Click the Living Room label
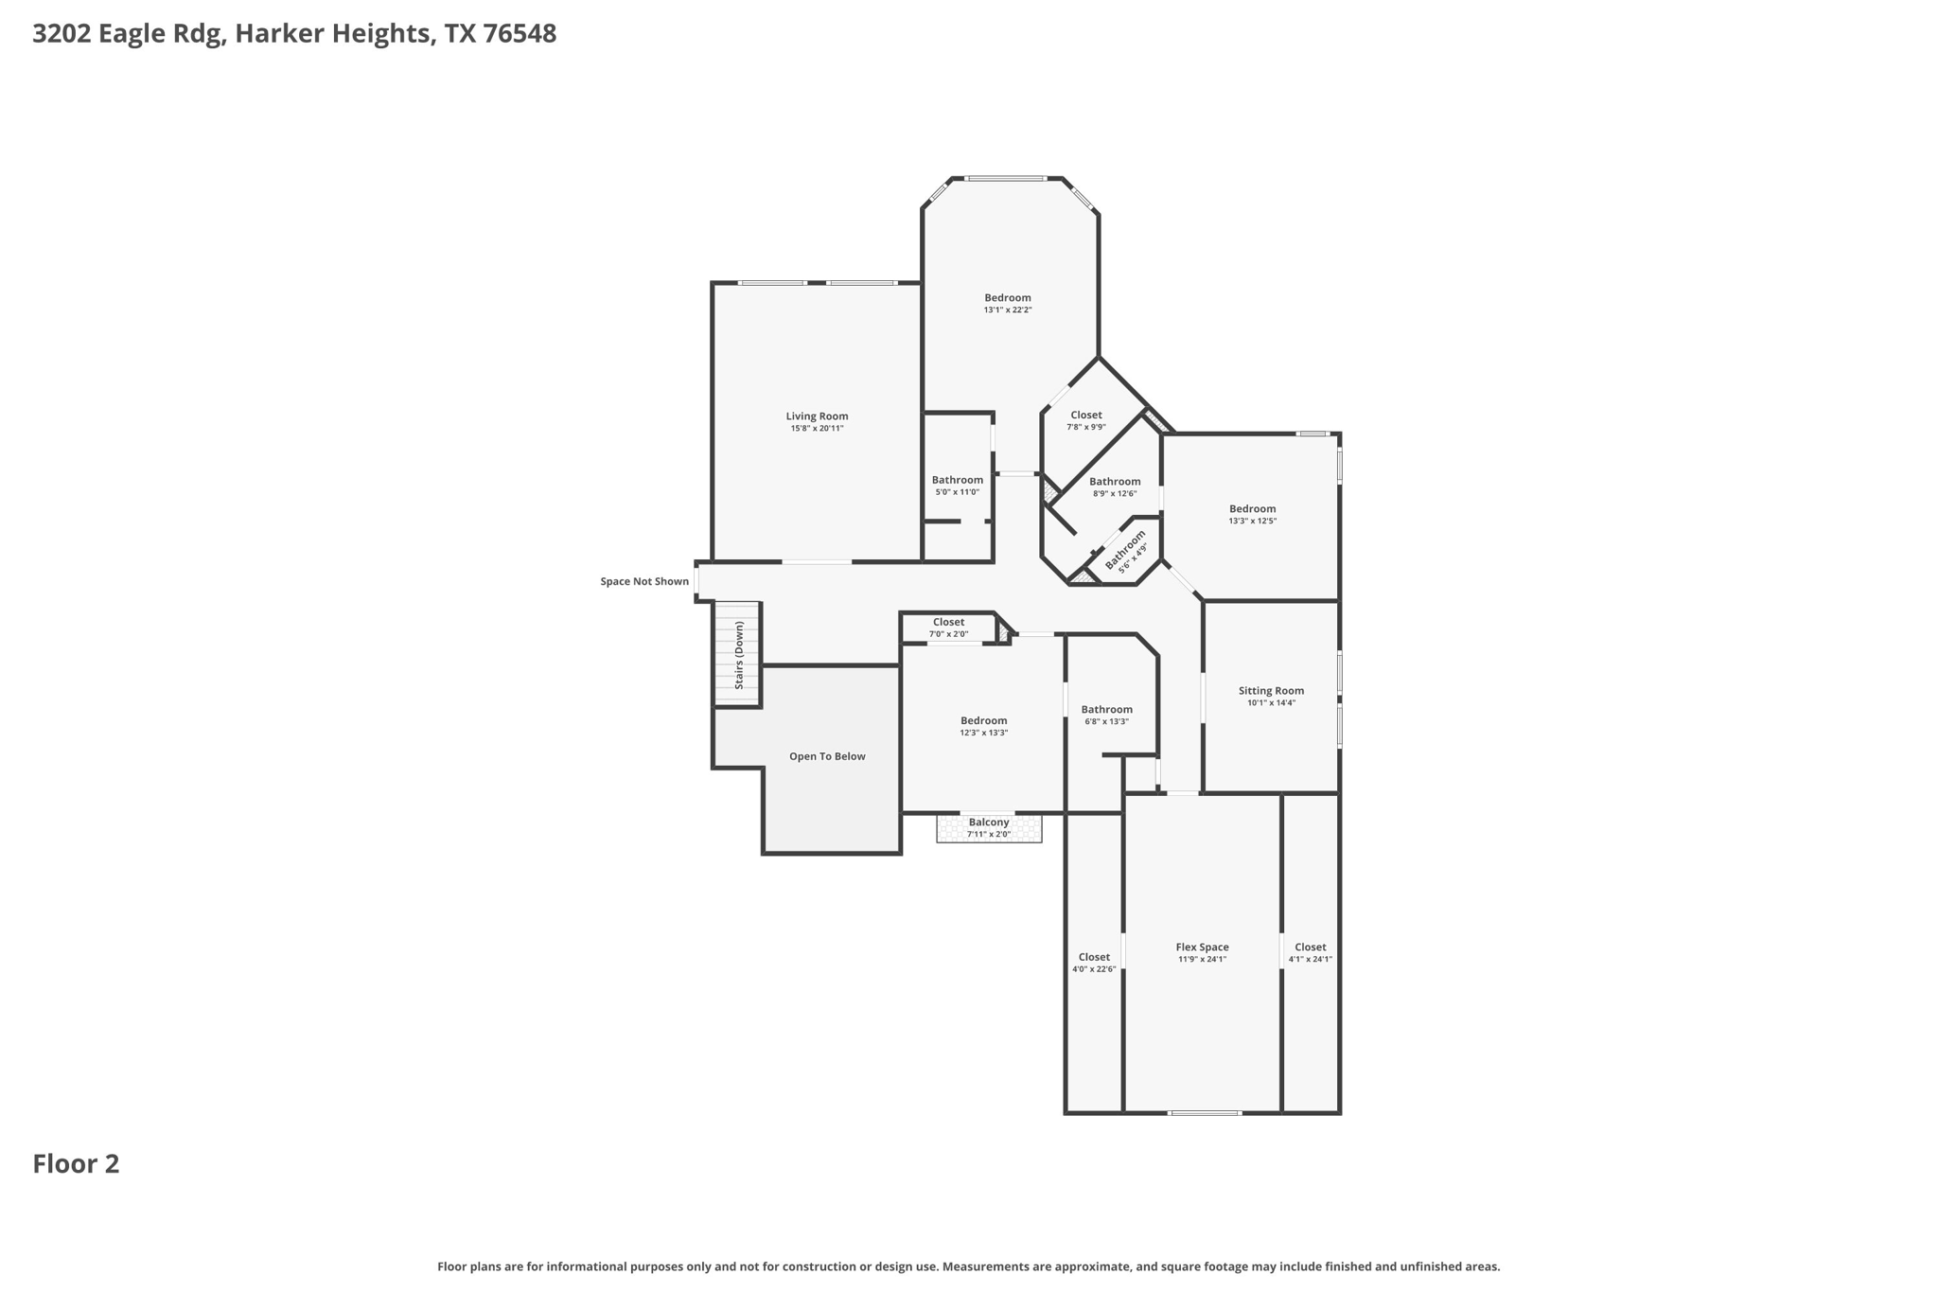(817, 416)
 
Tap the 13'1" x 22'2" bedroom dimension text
(1007, 310)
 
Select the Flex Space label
(1202, 947)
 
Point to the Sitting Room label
(1271, 691)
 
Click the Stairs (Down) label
(739, 655)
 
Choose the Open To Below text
(827, 756)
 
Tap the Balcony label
(989, 823)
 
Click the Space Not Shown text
(644, 581)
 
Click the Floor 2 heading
(76, 1164)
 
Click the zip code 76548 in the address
(520, 34)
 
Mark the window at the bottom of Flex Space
(1205, 1113)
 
